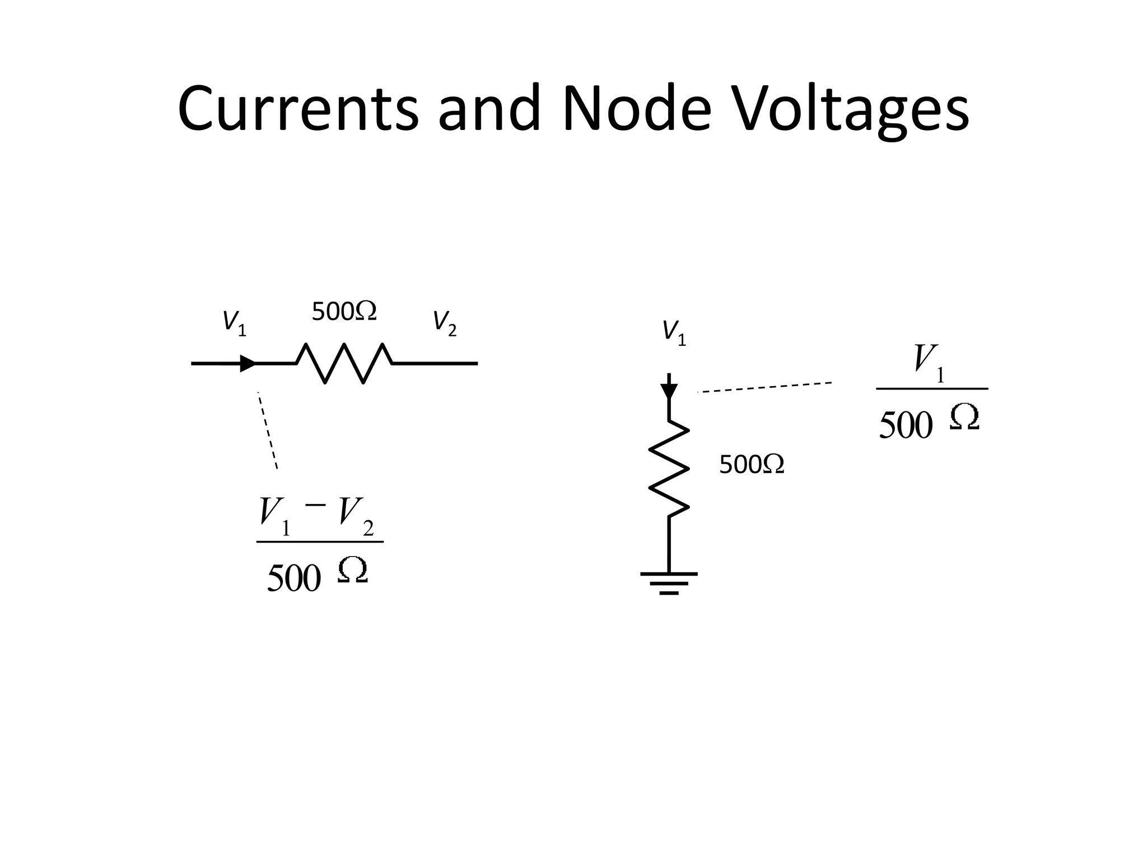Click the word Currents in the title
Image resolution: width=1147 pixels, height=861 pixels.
298,109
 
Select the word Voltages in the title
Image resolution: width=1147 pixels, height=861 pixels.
851,109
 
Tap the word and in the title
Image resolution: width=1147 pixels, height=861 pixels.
488,109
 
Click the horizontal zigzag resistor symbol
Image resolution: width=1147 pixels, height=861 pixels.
344,363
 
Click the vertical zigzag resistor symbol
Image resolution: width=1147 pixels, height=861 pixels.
669,468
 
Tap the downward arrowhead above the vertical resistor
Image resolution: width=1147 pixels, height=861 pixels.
669,391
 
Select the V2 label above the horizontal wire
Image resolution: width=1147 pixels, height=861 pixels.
445,324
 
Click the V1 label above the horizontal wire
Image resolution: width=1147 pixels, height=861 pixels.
234,324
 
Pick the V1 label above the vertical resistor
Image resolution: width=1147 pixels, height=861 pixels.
674,334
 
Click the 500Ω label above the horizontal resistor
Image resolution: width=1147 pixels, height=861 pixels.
344,312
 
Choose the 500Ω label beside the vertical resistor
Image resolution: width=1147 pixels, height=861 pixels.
751,465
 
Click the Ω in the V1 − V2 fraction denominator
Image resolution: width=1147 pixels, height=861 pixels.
353,572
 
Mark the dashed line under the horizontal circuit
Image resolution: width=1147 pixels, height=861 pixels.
268,430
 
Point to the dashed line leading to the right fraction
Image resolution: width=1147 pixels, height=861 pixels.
764,387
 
